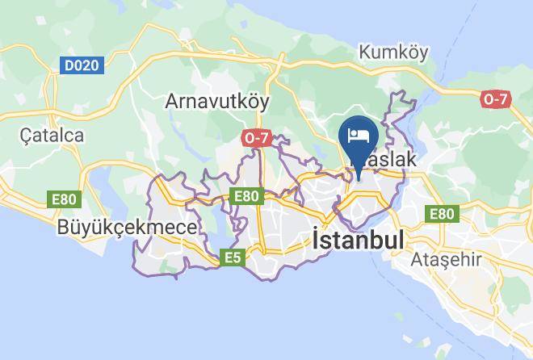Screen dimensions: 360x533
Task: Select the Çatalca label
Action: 52,135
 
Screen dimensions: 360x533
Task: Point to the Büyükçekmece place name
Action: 127,228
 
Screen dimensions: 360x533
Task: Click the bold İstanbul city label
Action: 357,240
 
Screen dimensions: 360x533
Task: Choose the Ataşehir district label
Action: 447,260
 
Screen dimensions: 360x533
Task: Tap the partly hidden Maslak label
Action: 389,160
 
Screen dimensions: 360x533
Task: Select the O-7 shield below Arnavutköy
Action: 256,139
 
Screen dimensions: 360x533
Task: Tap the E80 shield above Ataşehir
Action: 442,213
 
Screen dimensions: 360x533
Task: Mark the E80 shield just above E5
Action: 246,196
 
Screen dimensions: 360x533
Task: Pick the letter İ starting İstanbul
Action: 317,240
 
